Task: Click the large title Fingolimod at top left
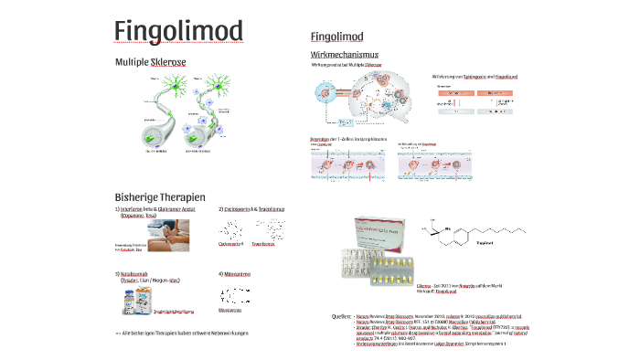[179, 30]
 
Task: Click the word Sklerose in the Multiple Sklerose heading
[168, 61]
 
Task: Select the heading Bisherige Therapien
[160, 196]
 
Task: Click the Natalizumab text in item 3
[141, 273]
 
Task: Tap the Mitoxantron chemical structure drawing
[234, 297]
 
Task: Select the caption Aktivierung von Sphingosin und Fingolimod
[474, 77]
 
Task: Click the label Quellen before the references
[341, 315]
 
